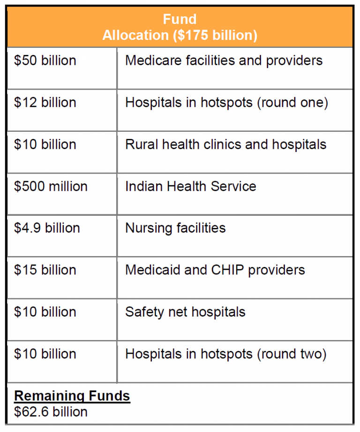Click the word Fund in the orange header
point(180,19)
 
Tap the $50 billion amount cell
point(45,61)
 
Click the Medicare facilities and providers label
point(224,61)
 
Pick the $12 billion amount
point(45,103)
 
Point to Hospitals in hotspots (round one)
point(226,103)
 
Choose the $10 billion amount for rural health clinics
point(45,144)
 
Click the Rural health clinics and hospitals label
point(225,144)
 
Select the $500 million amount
point(51,186)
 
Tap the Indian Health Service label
point(190,186)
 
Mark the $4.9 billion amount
point(47,228)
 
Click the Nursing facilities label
point(175,228)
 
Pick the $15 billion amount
point(45,270)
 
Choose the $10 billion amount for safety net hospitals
point(45,312)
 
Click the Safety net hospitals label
point(185,312)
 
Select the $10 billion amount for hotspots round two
point(45,354)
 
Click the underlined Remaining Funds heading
point(72,396)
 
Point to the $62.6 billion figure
point(51,412)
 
